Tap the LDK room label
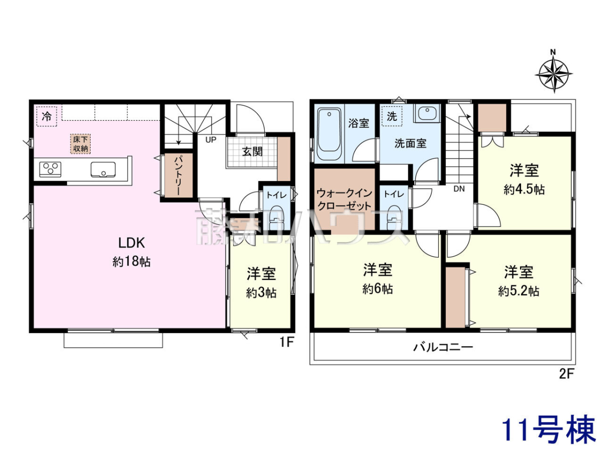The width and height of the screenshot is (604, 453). (x=131, y=243)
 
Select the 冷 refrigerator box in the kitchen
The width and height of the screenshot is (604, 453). (x=47, y=116)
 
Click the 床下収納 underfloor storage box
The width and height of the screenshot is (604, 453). (x=81, y=143)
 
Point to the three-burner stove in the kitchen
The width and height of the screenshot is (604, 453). (x=50, y=170)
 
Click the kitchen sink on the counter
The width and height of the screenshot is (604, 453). (x=103, y=170)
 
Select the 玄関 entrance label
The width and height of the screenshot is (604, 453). (x=252, y=152)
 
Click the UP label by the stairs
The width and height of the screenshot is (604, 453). (x=211, y=140)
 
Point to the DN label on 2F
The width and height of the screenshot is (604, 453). (x=459, y=189)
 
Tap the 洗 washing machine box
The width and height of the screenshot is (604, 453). (x=392, y=116)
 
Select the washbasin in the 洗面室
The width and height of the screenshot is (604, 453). (x=427, y=112)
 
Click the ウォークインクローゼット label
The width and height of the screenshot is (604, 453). (x=344, y=199)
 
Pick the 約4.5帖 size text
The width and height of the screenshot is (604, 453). (x=524, y=190)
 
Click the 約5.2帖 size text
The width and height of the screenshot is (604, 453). (x=519, y=291)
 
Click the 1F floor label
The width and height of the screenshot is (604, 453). (x=287, y=342)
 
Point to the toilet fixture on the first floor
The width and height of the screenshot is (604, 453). (x=275, y=218)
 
